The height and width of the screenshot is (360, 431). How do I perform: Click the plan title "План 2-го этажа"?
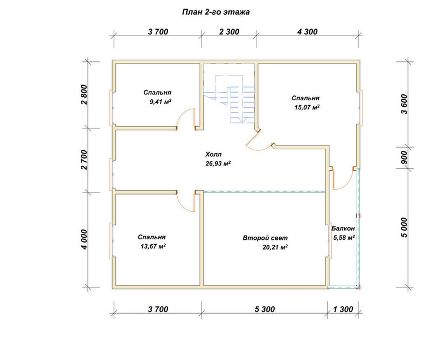(216, 12)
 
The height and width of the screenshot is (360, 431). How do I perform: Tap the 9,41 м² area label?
(161, 102)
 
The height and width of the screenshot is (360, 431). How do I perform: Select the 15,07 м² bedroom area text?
(307, 107)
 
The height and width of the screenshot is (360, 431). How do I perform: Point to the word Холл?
(213, 154)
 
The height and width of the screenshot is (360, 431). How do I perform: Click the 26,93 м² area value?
(218, 163)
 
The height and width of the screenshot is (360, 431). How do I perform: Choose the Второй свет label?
(265, 238)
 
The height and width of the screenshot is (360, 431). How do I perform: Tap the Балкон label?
(343, 229)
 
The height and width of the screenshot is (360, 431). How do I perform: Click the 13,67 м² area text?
(153, 246)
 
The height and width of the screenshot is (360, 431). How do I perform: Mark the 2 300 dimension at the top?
(230, 32)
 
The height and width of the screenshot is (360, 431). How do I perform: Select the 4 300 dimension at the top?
(307, 32)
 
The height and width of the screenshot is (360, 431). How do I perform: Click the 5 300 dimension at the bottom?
(265, 309)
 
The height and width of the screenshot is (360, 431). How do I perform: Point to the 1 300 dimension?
(343, 309)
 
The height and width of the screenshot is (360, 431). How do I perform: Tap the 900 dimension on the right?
(404, 157)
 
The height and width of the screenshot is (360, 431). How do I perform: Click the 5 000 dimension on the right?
(404, 228)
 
